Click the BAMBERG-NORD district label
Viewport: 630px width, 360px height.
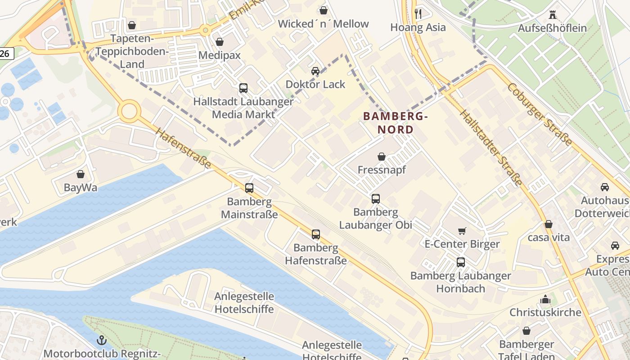[395, 123]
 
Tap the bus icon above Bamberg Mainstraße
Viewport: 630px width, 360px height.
[249, 188]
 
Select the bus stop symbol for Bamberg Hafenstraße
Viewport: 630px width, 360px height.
[316, 234]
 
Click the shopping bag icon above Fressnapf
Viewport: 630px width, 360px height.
[382, 157]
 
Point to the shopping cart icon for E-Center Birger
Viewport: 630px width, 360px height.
[462, 231]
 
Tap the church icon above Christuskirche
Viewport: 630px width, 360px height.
[545, 299]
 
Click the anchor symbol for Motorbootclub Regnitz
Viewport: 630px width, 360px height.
[102, 340]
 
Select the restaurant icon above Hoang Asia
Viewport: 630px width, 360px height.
[418, 13]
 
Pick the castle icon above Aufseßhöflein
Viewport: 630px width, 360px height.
[553, 14]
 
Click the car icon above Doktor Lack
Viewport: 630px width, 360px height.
[315, 71]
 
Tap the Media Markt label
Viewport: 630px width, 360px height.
[243, 114]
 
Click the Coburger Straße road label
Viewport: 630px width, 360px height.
[540, 114]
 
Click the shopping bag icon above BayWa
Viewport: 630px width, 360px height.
[81, 174]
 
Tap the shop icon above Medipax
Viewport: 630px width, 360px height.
[220, 42]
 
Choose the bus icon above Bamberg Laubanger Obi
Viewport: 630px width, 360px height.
[376, 198]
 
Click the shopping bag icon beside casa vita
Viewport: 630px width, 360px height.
[549, 224]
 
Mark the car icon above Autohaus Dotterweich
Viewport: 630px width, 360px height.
[605, 187]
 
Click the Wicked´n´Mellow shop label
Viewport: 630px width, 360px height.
[323, 24]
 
